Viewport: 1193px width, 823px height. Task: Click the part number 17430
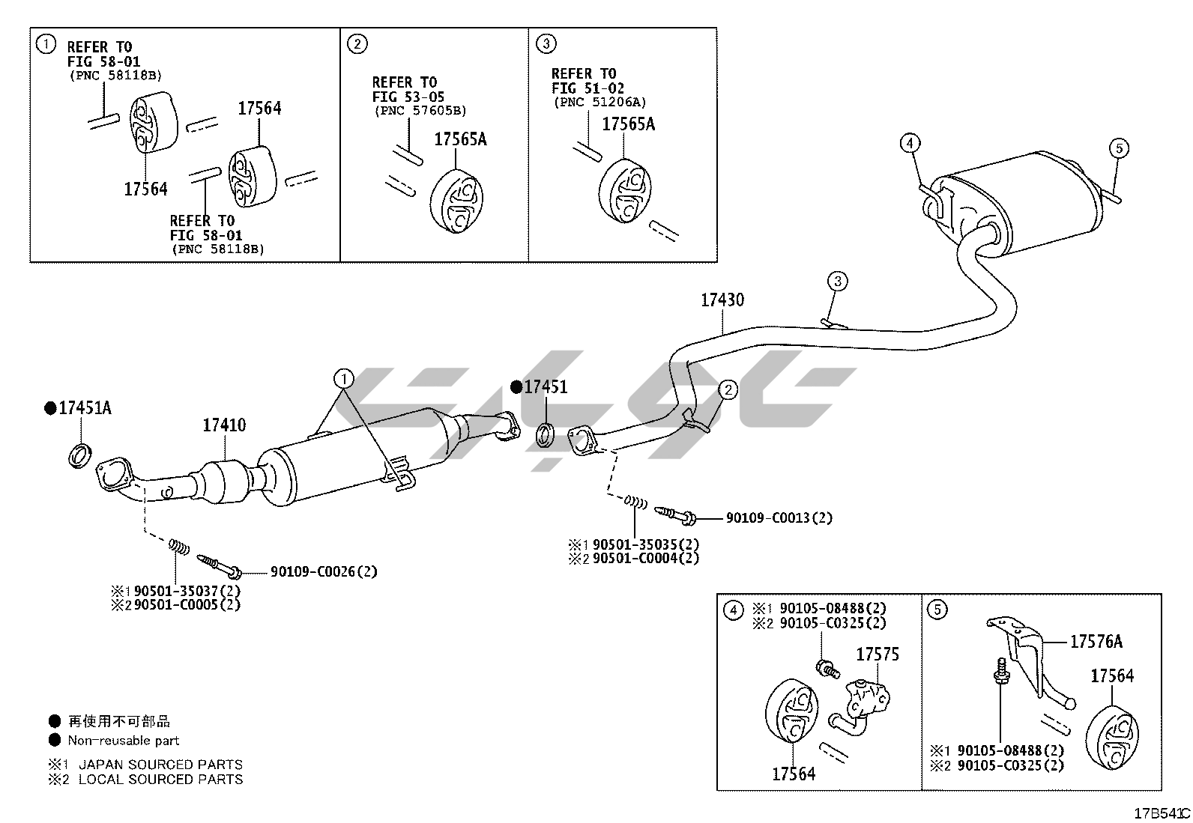point(722,300)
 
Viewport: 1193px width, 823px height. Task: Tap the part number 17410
point(224,425)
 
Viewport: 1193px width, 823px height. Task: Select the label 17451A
point(85,408)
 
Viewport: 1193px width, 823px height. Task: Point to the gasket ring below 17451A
point(80,455)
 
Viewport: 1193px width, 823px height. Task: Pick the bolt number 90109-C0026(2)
point(324,572)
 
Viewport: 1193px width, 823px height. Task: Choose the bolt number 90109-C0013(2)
point(779,517)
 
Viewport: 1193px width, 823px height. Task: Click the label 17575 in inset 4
point(878,655)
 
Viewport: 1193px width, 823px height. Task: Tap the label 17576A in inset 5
point(1096,642)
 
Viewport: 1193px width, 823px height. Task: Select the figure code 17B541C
point(1161,813)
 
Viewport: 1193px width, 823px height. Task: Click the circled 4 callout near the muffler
point(910,143)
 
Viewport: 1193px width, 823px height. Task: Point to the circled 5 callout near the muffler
point(1118,148)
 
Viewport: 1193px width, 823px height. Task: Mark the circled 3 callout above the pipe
point(837,282)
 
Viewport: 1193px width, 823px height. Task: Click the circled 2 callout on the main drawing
point(727,389)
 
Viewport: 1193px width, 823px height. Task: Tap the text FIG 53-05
point(408,97)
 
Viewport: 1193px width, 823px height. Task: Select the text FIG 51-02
point(588,88)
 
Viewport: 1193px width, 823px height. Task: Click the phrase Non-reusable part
point(124,741)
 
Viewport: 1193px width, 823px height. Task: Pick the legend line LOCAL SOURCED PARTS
point(160,780)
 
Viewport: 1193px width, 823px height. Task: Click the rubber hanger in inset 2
point(457,201)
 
